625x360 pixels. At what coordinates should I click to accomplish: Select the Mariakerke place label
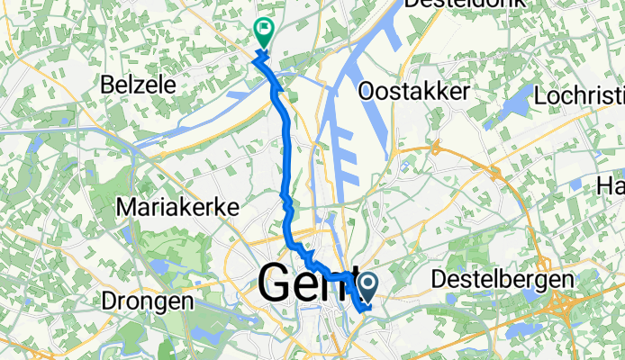coord(178,208)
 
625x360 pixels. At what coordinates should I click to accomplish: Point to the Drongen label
coord(148,301)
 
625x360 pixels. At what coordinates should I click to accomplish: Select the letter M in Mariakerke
coord(126,208)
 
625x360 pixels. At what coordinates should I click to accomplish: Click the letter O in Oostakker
coord(367,91)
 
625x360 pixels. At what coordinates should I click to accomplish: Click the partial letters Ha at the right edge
coord(611,186)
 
